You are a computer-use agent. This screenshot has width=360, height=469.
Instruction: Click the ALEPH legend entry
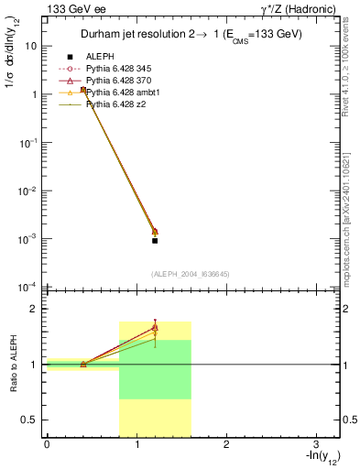pos(100,57)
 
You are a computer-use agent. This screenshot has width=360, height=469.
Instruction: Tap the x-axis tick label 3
pos(315,445)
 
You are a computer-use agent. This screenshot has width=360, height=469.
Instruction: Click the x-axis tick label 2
pos(225,445)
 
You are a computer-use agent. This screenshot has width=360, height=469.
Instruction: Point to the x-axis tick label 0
pos(46,445)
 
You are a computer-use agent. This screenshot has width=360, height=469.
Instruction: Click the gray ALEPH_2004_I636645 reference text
pos(191,273)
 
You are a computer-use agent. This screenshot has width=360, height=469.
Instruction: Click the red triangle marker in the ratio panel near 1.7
pos(155,325)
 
